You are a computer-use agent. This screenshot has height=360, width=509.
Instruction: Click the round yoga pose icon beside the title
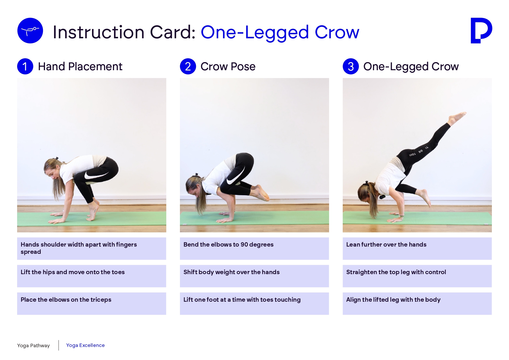click(x=30, y=30)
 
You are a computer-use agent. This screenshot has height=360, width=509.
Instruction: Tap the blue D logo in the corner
click(x=481, y=30)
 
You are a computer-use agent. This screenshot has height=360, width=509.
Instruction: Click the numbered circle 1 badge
click(x=25, y=66)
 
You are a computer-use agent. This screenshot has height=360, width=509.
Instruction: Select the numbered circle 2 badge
click(x=188, y=66)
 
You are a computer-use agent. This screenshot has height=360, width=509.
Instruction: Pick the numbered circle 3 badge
click(x=351, y=66)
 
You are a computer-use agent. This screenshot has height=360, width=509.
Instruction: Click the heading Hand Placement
click(x=80, y=66)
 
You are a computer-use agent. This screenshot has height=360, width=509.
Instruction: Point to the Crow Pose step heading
click(x=228, y=66)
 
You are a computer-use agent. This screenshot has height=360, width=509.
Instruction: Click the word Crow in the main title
click(x=337, y=32)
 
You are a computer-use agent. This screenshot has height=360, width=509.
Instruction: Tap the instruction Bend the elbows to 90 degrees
click(x=228, y=245)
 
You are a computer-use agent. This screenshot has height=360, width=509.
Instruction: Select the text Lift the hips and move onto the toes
click(x=73, y=272)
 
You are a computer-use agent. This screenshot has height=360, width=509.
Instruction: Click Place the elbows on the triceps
click(x=66, y=300)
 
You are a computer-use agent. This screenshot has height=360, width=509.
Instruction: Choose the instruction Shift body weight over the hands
click(x=231, y=272)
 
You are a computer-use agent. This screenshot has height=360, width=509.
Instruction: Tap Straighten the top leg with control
click(x=396, y=272)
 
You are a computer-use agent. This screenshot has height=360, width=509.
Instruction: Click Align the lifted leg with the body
click(x=393, y=300)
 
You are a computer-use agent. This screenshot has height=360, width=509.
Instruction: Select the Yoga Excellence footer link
click(x=85, y=345)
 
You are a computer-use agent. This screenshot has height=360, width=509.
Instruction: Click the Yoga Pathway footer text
click(x=33, y=345)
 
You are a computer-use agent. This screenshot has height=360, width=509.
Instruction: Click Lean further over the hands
click(x=386, y=245)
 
